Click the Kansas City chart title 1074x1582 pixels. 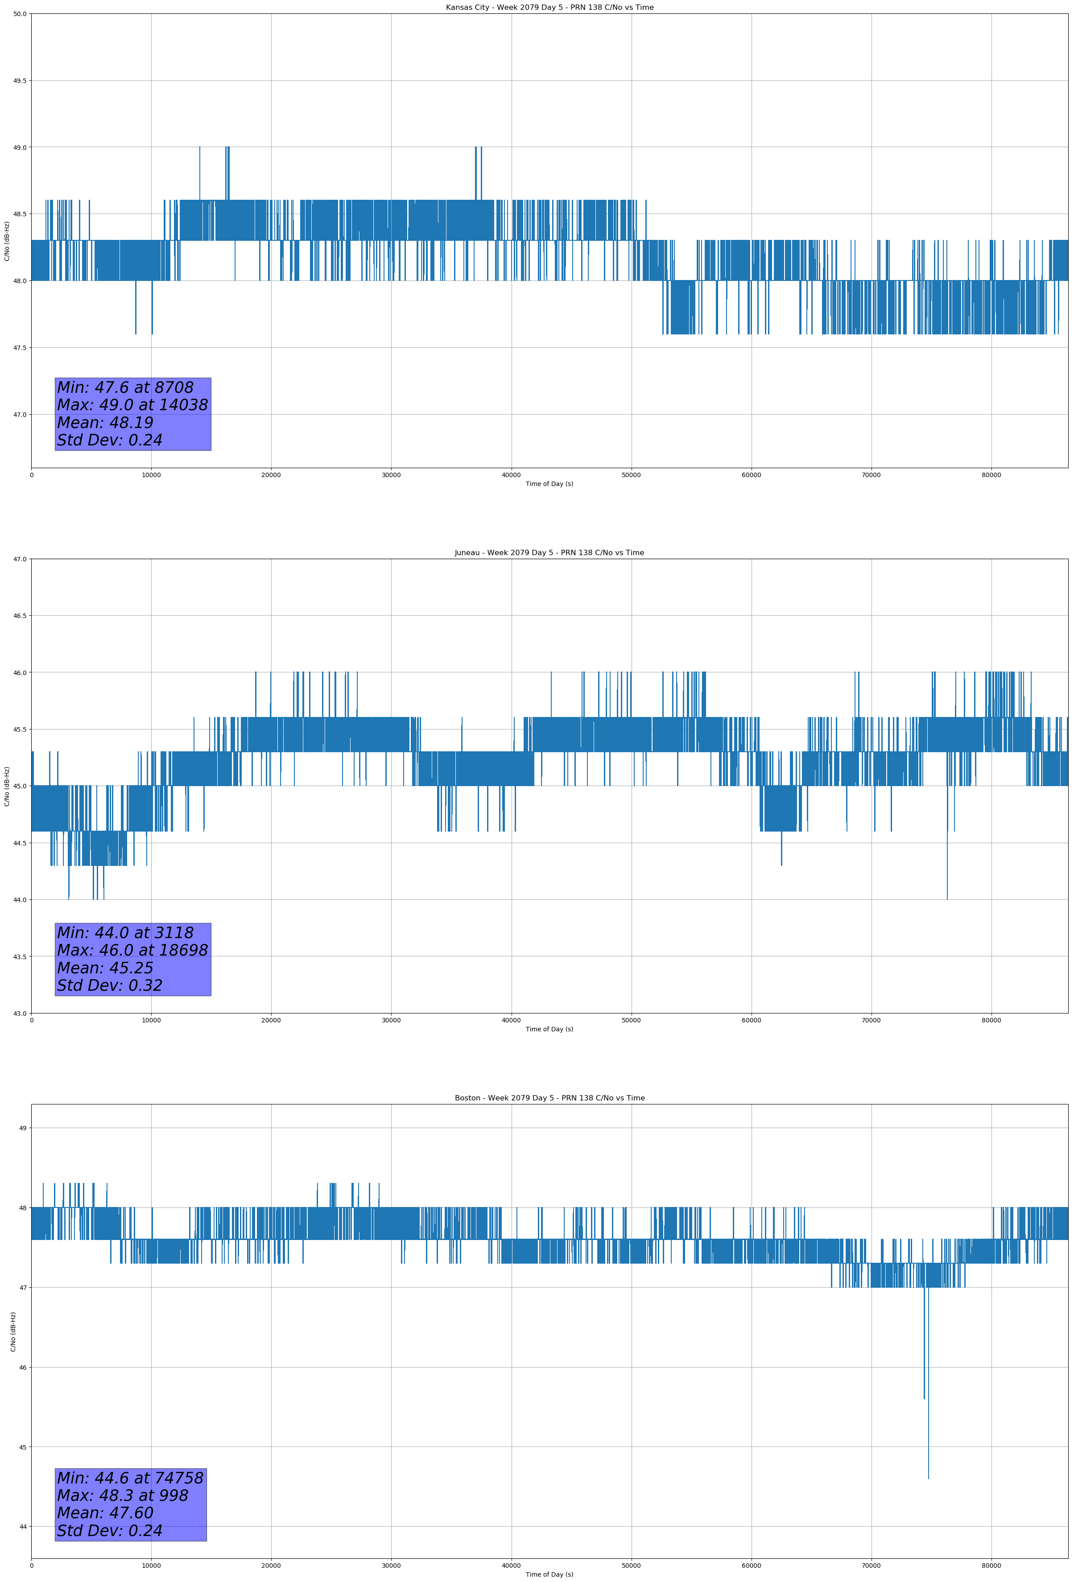click(549, 8)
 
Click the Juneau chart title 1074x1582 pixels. click(549, 553)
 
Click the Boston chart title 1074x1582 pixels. click(549, 1098)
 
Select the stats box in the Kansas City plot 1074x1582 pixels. click(133, 414)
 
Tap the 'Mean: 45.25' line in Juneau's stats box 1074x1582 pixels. click(106, 968)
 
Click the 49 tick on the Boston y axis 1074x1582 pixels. click(22, 1128)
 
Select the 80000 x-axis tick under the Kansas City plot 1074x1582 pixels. click(991, 475)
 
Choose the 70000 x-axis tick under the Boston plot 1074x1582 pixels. click(871, 1566)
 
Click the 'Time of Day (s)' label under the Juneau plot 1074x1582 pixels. click(549, 1029)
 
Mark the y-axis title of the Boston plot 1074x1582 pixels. click(13, 1331)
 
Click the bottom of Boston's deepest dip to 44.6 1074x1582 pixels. click(928, 1478)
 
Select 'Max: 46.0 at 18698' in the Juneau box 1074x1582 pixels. click(132, 950)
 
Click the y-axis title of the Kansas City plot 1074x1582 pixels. click(7, 241)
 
